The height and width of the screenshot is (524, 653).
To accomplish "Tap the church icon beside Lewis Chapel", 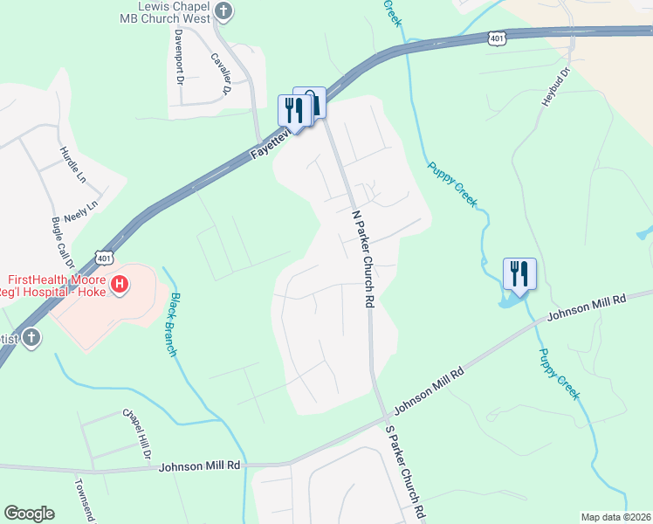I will point(224,11).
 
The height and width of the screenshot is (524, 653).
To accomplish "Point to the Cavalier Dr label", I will point(220,72).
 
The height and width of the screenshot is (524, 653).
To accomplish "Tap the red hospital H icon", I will point(120,284).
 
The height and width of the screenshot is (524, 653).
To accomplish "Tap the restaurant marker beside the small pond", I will point(519,273).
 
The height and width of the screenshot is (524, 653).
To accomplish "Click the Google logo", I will point(29,514).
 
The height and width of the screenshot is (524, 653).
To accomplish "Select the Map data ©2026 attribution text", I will point(615,517).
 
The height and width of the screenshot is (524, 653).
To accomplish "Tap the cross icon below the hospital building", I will point(31,338).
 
